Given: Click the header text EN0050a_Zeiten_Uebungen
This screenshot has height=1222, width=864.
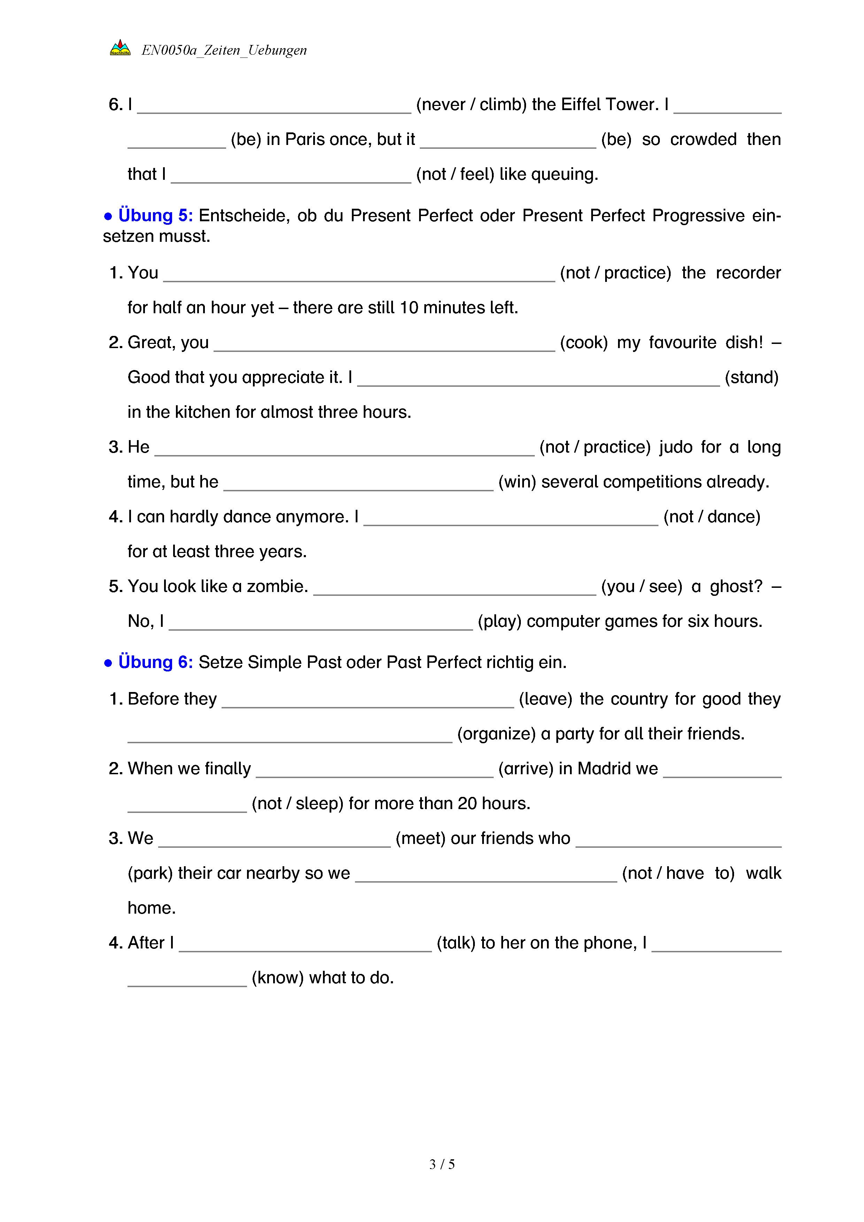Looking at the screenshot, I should click(224, 50).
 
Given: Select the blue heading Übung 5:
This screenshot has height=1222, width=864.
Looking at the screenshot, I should click(155, 216).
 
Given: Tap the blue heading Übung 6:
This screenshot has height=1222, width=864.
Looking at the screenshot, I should click(155, 662).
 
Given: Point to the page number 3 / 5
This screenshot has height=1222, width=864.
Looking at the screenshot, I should click(441, 1164).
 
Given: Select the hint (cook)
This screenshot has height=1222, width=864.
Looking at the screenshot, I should click(584, 342).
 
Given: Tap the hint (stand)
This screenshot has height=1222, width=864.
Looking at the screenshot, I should click(751, 377).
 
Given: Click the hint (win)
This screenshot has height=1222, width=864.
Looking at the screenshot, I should click(517, 482).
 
